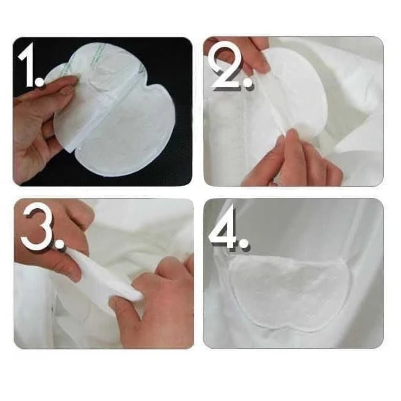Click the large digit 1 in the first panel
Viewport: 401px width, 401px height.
pyautogui.click(x=28, y=65)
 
